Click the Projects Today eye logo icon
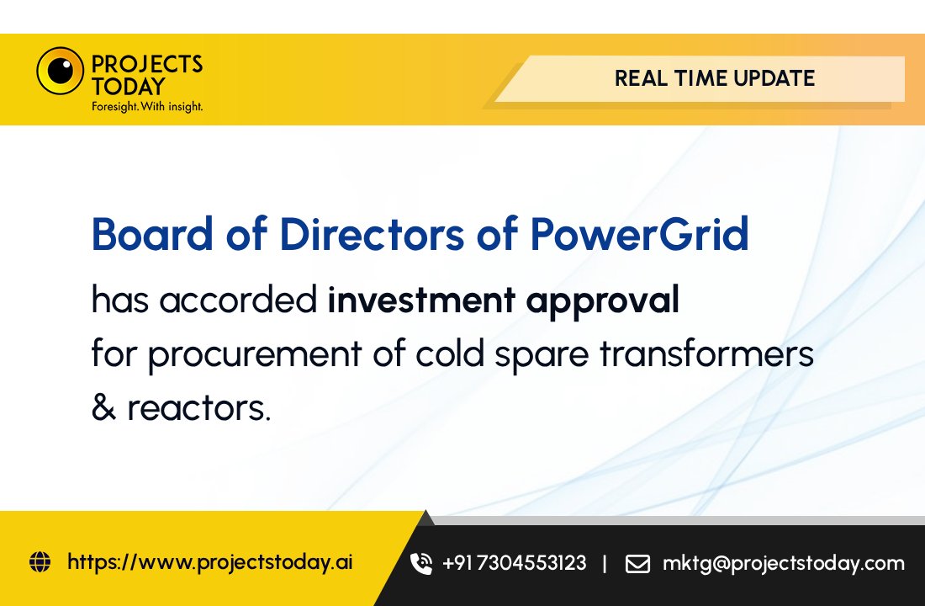click(60, 71)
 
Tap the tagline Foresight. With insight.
click(147, 107)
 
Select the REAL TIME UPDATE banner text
click(714, 79)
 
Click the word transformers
click(706, 354)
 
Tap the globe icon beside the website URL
click(40, 561)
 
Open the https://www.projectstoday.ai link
click(209, 562)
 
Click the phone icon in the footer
click(420, 563)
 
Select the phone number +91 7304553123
click(514, 563)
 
